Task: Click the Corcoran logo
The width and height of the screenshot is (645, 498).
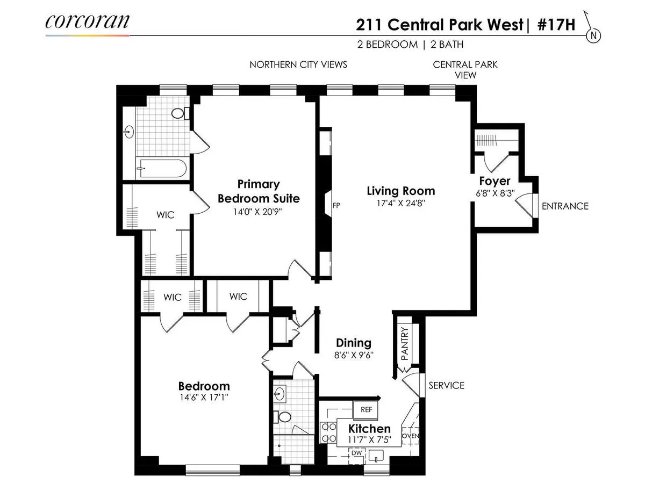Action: tap(87, 22)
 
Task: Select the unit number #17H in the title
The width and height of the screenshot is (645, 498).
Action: tap(556, 25)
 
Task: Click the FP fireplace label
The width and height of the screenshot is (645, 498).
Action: tap(336, 205)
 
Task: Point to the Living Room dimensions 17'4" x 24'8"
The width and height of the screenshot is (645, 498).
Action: tap(400, 204)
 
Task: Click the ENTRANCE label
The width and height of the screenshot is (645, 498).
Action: tap(565, 206)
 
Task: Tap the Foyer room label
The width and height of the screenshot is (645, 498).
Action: tap(494, 181)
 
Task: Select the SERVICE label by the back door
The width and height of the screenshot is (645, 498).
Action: tap(446, 385)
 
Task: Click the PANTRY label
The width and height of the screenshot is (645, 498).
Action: tap(405, 344)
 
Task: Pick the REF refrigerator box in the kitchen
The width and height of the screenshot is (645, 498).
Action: tap(366, 409)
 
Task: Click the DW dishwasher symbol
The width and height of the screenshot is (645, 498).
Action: tap(357, 453)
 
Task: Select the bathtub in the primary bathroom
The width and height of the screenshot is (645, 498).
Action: tap(161, 168)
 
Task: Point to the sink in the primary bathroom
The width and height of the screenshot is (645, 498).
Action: tap(129, 132)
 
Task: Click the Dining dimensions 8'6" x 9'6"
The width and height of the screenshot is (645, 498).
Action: tap(354, 355)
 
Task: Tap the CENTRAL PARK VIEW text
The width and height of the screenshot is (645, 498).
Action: tap(465, 70)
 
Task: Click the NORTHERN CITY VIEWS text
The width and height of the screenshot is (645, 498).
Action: tap(298, 64)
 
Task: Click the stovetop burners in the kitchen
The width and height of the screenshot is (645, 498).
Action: tap(326, 433)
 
